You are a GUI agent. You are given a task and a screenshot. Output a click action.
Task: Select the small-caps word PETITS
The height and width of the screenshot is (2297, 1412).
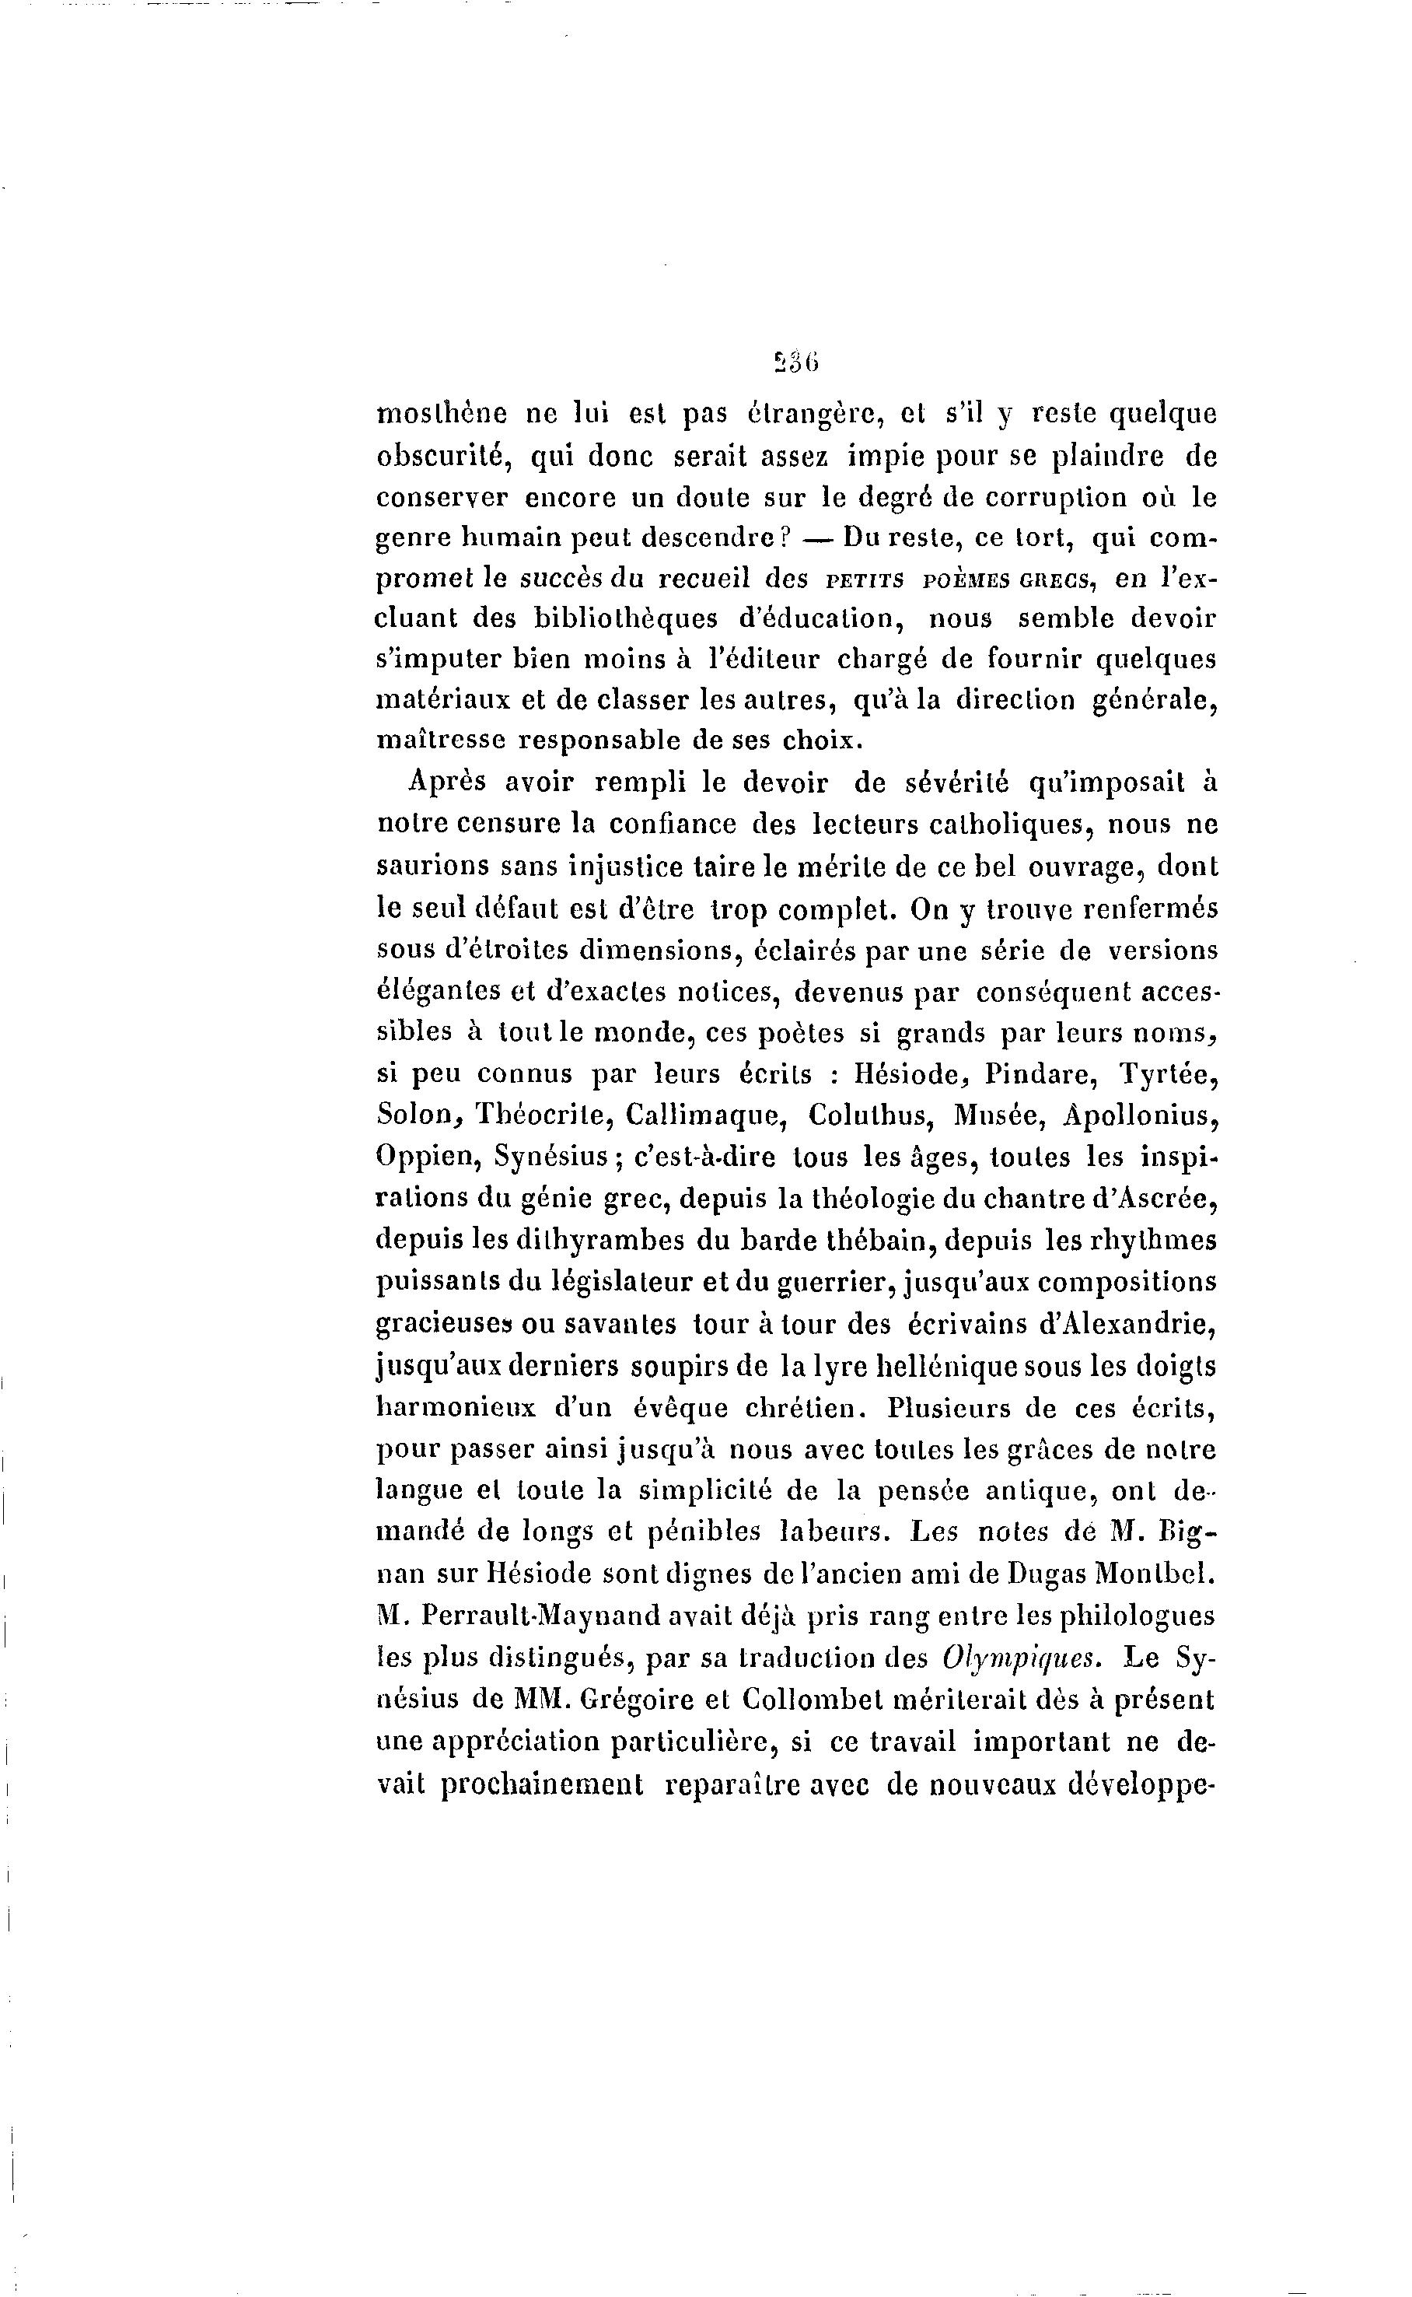[x=865, y=580]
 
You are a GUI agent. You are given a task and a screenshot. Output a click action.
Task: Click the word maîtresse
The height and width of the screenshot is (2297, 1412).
[x=440, y=740]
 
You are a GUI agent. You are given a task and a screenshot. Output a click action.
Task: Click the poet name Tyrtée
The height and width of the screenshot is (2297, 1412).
[x=1169, y=1074]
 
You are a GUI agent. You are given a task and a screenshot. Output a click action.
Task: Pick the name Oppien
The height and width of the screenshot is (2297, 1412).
[x=427, y=1157]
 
